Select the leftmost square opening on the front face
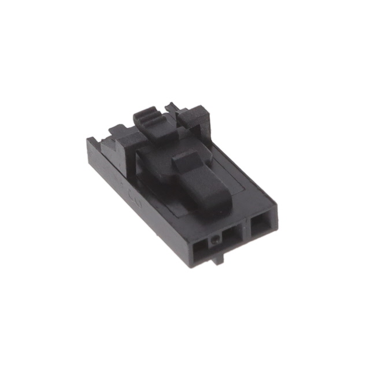pos(200,250)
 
